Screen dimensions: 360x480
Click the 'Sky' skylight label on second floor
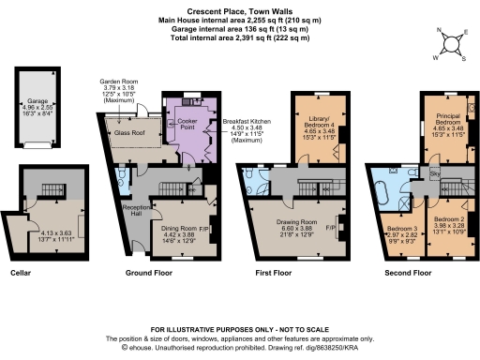click(x=433, y=174)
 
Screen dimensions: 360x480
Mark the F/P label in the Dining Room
click(x=204, y=226)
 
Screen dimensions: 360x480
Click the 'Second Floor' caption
click(x=410, y=273)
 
